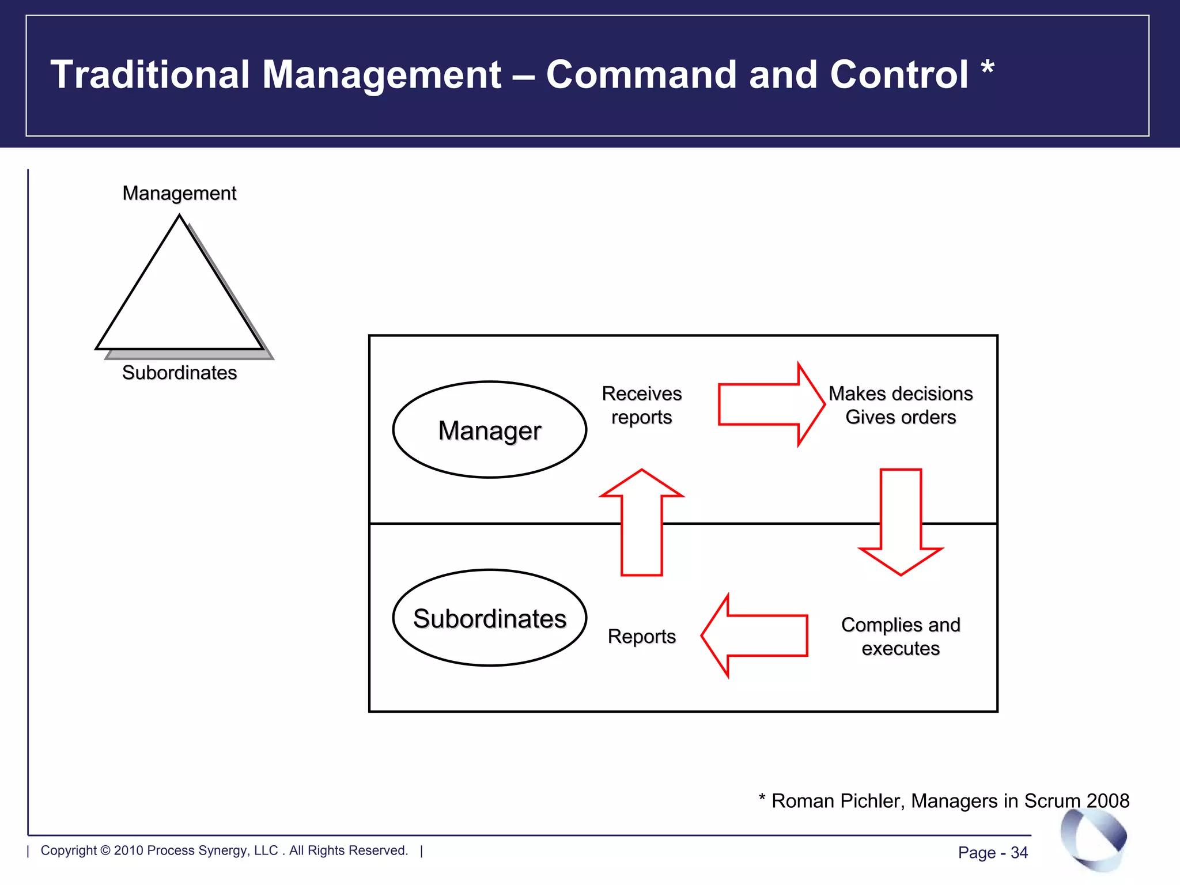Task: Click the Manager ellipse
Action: coord(489,430)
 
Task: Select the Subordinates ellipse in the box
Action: coord(489,618)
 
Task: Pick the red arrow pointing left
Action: coord(755,636)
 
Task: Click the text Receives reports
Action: coord(641,405)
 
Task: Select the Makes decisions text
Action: coord(900,394)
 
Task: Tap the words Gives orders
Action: coord(900,417)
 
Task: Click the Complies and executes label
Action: coord(900,636)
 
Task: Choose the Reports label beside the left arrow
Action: coord(641,636)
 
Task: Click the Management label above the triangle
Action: coord(179,193)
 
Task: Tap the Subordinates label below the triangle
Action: coord(179,373)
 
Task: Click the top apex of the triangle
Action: coord(179,217)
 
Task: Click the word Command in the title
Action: coord(641,74)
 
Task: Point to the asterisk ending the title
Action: coord(987,67)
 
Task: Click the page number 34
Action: coord(1019,853)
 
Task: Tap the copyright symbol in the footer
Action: coord(105,850)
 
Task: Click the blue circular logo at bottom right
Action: coord(1093,838)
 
